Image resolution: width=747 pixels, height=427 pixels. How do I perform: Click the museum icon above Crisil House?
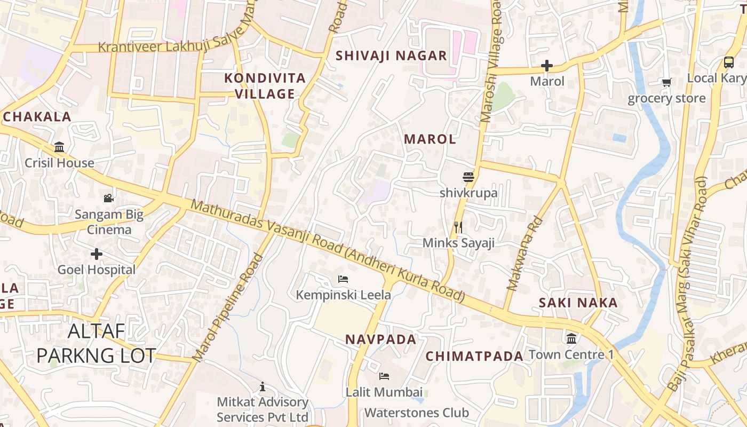click(59, 147)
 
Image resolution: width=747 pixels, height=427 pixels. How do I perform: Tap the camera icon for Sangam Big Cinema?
click(109, 199)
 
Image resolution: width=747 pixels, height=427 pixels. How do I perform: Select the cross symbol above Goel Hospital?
click(97, 254)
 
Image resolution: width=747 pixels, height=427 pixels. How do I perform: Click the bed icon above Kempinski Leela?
click(343, 279)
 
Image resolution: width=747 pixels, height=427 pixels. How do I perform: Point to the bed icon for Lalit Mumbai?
click(384, 376)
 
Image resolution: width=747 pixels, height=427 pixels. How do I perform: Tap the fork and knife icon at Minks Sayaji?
click(458, 227)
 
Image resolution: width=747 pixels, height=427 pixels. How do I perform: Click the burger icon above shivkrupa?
click(468, 177)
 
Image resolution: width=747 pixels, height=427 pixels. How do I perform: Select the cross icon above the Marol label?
click(547, 66)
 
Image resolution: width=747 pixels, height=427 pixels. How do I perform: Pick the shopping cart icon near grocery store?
click(666, 82)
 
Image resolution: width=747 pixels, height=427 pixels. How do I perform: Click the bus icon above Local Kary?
click(729, 62)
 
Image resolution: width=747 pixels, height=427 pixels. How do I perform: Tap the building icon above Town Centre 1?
click(571, 338)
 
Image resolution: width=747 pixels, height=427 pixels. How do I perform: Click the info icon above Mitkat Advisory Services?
click(262, 386)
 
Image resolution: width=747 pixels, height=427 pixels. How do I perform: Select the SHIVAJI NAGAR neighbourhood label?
click(391, 56)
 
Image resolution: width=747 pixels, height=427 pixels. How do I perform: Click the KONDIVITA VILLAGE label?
click(265, 86)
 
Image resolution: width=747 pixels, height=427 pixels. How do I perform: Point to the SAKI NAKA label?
click(578, 303)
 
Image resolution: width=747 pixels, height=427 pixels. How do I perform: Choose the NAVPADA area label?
click(380, 339)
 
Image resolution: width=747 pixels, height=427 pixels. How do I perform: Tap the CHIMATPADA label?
click(474, 356)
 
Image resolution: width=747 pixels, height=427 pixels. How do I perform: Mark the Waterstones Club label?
click(417, 413)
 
